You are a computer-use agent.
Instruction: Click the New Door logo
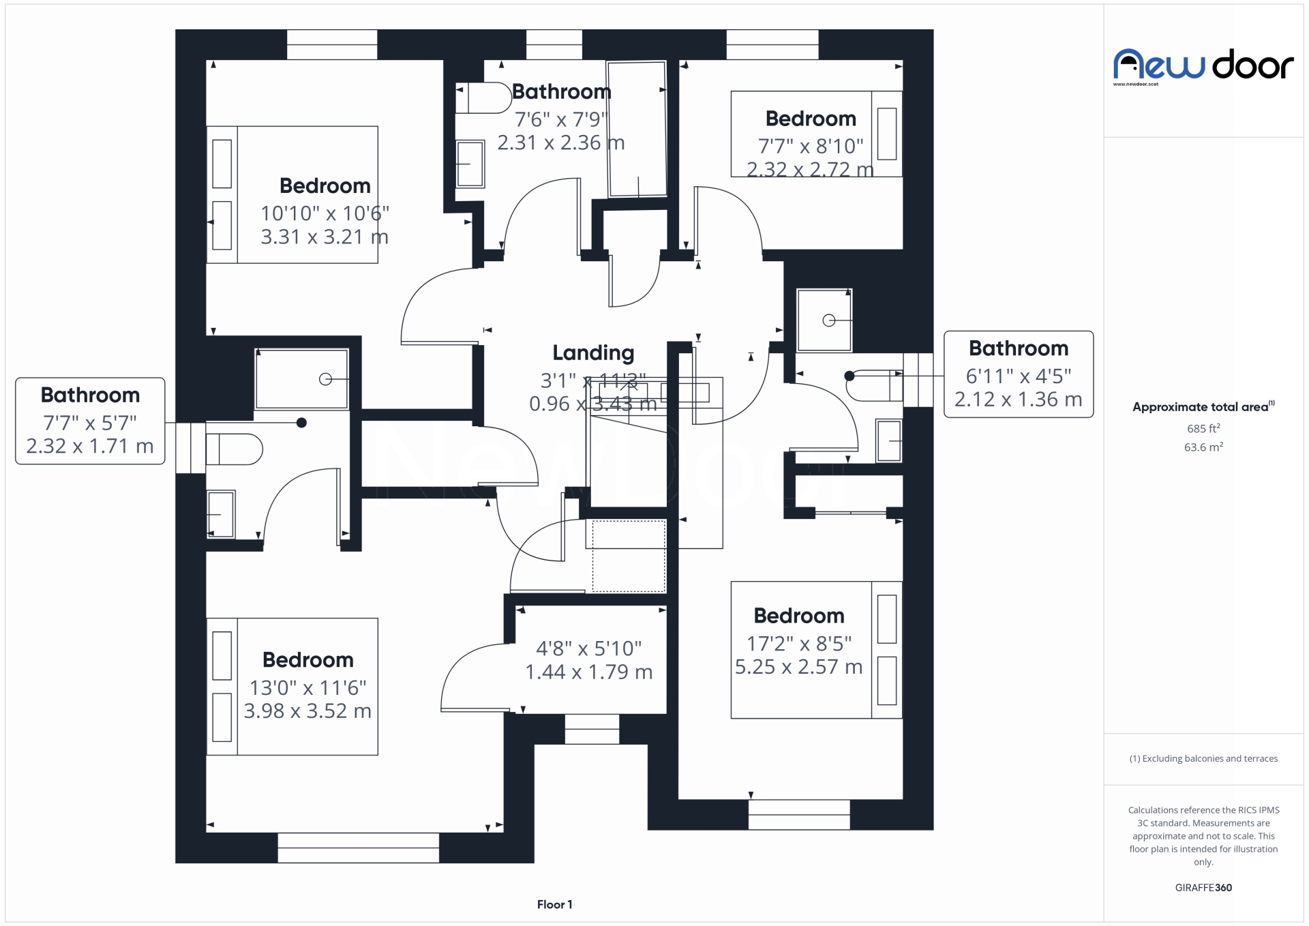1203,66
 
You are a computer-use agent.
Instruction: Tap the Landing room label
592,353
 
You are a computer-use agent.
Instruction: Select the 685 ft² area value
1203,429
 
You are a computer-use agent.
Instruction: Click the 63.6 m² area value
1203,447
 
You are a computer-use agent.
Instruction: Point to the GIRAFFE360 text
1203,887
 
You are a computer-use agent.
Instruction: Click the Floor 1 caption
554,904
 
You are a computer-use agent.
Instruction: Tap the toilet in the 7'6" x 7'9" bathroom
485,98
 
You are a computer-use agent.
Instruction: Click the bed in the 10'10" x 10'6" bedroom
292,194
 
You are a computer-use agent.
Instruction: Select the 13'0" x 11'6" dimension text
307,687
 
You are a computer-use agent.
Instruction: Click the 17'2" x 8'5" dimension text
799,643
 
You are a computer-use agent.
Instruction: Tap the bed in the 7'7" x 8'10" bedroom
816,134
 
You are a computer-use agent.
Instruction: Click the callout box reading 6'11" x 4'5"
1018,374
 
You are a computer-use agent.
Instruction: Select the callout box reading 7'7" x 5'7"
90,421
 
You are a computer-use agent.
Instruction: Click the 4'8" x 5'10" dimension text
588,648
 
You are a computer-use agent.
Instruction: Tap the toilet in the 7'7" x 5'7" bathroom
235,449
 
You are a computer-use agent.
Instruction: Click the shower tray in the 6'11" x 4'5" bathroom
824,320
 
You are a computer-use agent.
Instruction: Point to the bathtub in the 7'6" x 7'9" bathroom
637,129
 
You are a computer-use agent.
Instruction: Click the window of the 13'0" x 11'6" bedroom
358,848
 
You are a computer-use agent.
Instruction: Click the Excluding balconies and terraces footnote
1203,758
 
